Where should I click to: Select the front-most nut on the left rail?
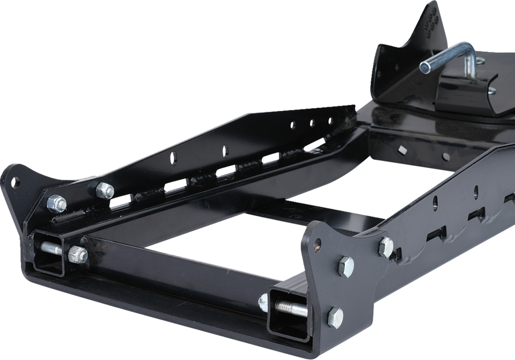click(x=56, y=203)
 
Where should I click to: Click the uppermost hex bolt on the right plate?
click(x=386, y=247)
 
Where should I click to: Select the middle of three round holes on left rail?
click(x=311, y=124)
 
